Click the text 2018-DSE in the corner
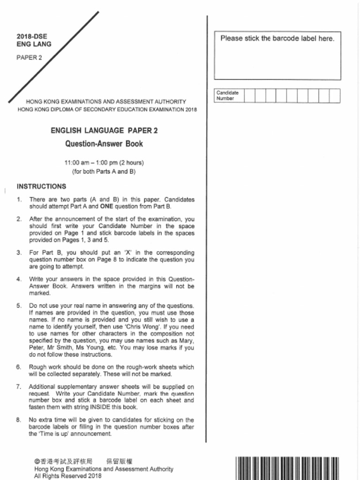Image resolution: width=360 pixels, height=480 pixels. pos(32,36)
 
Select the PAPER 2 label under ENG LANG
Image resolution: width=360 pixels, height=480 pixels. pos(30,58)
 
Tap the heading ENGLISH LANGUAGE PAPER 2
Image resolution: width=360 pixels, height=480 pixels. pos(104,130)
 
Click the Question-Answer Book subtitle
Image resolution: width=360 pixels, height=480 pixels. pos(104,144)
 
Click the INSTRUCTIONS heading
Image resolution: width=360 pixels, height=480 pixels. pos(41,186)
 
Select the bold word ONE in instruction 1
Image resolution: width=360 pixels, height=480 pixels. pos(107,206)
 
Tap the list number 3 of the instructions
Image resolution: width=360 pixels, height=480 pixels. pos(19,253)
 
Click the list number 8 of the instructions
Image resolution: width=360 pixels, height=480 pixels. pos(19,420)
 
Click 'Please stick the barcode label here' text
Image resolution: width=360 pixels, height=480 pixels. pos(277,38)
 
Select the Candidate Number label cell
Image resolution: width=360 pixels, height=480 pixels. pos(228,96)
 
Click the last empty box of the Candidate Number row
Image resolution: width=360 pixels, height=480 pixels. pos(335,96)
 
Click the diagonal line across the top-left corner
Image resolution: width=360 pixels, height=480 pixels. pos(54,57)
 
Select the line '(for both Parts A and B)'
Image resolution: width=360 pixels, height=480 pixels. pos(104,172)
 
